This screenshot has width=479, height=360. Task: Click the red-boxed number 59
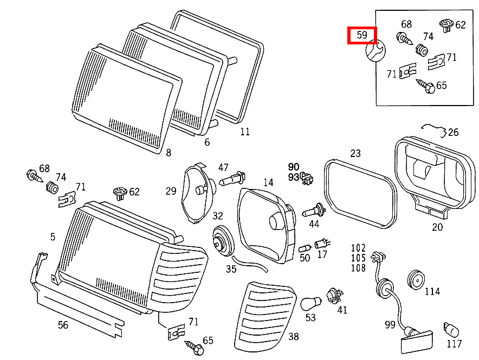pyautogui.click(x=362, y=36)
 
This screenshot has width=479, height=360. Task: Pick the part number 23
pyautogui.click(x=355, y=153)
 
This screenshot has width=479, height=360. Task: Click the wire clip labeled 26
pyautogui.click(x=437, y=129)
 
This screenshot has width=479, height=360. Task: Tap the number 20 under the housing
pyautogui.click(x=437, y=227)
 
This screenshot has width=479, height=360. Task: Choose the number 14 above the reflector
pyautogui.click(x=268, y=182)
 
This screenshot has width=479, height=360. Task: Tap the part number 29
pyautogui.click(x=171, y=191)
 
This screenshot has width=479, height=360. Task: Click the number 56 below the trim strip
pyautogui.click(x=63, y=325)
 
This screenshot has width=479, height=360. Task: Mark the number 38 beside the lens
pyautogui.click(x=293, y=337)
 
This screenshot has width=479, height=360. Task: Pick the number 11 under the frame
pyautogui.click(x=245, y=131)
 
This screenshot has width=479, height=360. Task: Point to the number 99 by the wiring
pyautogui.click(x=390, y=324)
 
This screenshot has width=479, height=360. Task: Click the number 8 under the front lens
pyautogui.click(x=168, y=153)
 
